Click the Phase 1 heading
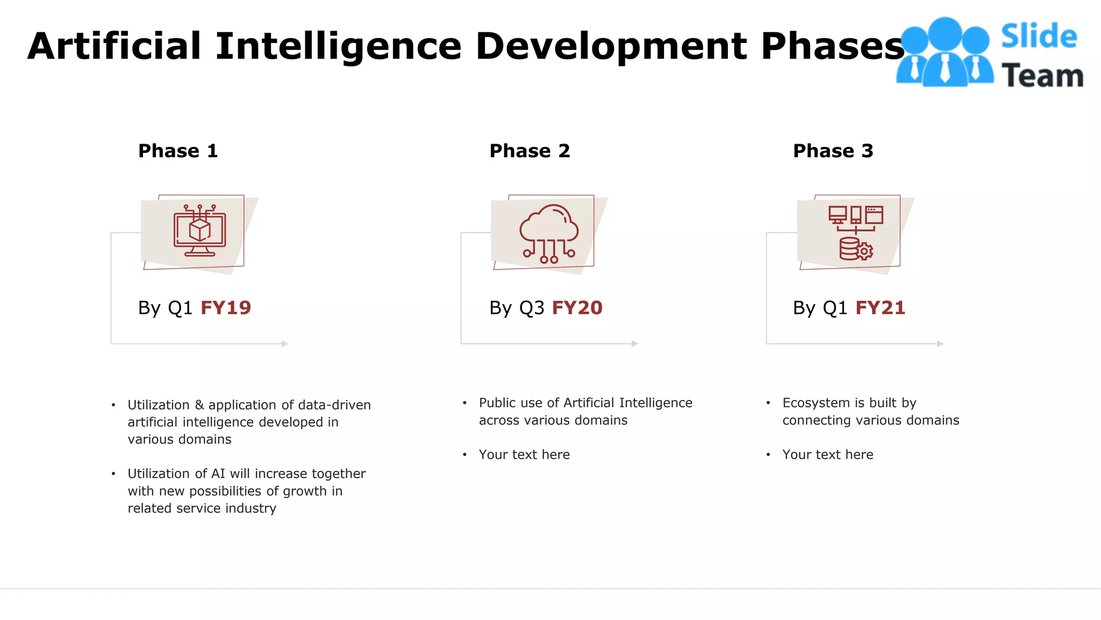(178, 151)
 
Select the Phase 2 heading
(530, 151)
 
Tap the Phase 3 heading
(833, 151)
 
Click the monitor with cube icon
(199, 231)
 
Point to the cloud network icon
(549, 233)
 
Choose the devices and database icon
(855, 233)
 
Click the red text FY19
(226, 308)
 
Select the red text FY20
(577, 308)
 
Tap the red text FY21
(881, 308)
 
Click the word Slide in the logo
(1039, 37)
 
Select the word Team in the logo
(1042, 75)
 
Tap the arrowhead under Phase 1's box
(285, 343)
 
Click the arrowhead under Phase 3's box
(940, 343)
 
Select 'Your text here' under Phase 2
(524, 455)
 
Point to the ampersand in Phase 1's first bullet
(199, 405)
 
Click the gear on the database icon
(864, 251)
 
